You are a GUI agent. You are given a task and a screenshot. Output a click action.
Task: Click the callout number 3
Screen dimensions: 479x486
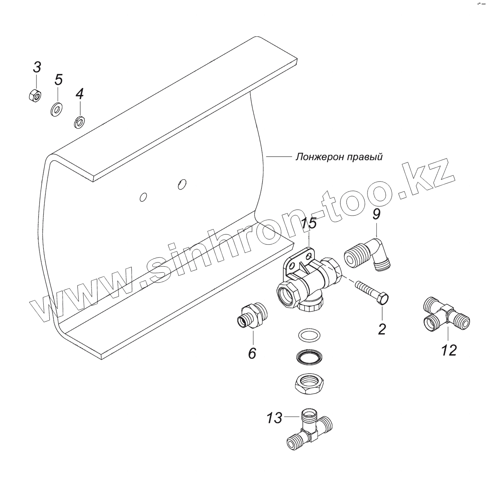(x=36, y=68)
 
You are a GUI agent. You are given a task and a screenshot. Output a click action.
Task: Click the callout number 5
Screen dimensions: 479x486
(x=58, y=80)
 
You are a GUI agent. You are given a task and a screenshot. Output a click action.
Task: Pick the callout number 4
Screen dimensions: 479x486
(x=79, y=94)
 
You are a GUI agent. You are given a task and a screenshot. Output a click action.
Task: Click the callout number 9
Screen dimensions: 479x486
(x=376, y=215)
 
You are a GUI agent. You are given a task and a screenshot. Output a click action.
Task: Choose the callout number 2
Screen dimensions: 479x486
(x=382, y=329)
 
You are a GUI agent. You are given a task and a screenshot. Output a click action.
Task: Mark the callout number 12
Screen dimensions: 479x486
(x=449, y=350)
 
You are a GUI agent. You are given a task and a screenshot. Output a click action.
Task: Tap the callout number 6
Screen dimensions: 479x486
(x=252, y=353)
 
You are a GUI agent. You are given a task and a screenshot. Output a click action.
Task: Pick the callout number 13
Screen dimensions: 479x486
(x=274, y=418)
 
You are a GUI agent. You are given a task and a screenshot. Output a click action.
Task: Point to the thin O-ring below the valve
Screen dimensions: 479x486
(x=308, y=335)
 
